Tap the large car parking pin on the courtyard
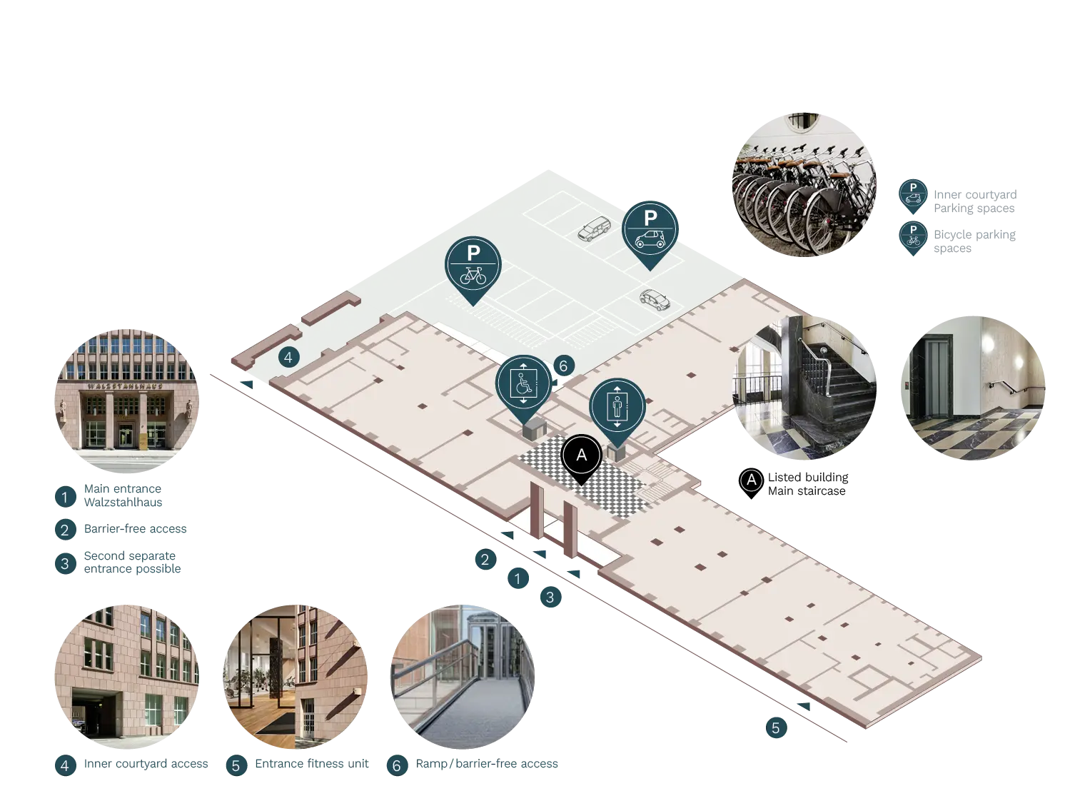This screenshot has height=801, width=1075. point(650,233)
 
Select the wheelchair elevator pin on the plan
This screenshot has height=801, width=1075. point(523,386)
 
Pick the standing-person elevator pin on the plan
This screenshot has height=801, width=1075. point(617,409)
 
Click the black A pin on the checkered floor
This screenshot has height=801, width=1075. point(581,456)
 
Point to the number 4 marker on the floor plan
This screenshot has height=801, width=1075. point(288,358)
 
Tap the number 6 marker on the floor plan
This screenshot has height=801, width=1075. point(564,366)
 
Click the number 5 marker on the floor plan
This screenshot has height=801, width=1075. point(776,727)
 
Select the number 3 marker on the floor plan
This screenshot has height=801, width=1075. point(550,597)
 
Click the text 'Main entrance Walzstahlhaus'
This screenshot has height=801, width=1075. point(123,495)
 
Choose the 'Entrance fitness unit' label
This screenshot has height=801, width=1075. point(312,764)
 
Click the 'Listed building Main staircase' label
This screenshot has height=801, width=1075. point(808,484)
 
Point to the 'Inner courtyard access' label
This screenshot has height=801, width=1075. point(146,764)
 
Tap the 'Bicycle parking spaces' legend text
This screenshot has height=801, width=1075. point(974,241)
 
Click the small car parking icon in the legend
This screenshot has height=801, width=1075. point(913,196)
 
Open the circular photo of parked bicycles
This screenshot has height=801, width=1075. point(804,185)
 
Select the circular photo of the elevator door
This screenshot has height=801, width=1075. point(973,388)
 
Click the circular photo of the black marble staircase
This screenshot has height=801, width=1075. point(804,388)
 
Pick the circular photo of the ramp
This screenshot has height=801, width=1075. point(463,677)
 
